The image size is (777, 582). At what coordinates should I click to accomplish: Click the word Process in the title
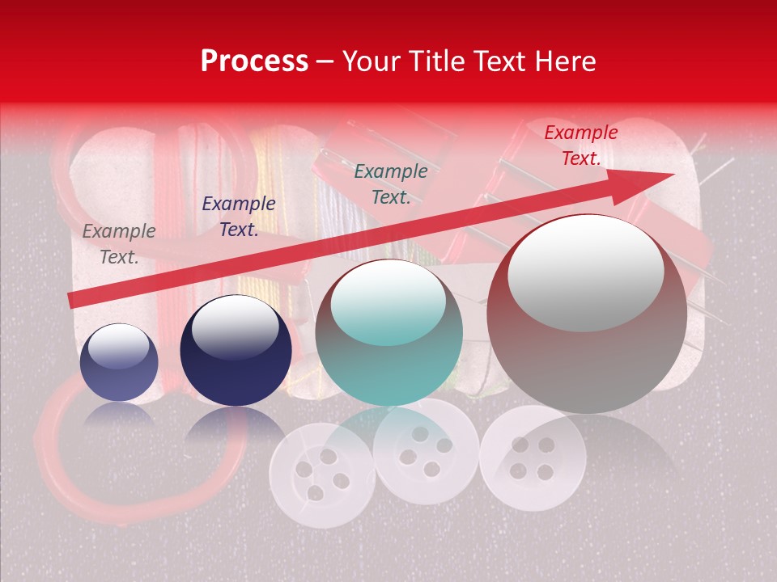click(254, 61)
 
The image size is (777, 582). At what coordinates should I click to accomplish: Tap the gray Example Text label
click(119, 243)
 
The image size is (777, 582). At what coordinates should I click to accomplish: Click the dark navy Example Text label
click(239, 217)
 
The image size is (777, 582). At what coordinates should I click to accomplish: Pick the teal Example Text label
click(391, 184)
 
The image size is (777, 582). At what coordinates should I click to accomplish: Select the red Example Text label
click(580, 145)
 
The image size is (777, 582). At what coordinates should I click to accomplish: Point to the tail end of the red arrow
click(73, 300)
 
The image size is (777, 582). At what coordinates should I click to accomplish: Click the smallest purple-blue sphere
click(119, 363)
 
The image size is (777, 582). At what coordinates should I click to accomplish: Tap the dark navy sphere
click(236, 351)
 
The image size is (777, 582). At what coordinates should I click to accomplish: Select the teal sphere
click(389, 333)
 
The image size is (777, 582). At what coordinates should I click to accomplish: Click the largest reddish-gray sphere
click(587, 315)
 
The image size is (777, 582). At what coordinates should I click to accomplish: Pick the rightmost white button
click(532, 458)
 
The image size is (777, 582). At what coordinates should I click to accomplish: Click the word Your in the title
click(371, 61)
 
